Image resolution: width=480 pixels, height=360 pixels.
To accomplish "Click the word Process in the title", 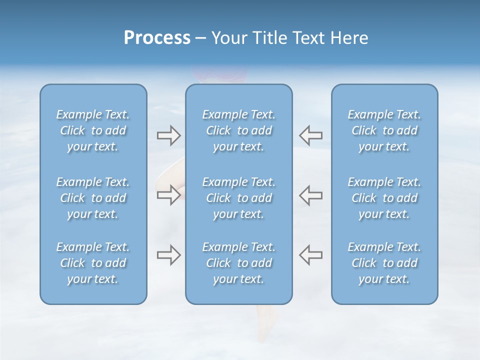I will (x=157, y=38).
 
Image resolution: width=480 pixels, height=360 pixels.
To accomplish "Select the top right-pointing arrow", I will (x=168, y=135).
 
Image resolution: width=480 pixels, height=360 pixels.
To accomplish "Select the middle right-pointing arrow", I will (x=168, y=195).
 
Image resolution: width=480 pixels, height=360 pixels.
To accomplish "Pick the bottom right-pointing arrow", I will (x=168, y=255).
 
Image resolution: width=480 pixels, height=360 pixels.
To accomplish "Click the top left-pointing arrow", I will (x=311, y=135).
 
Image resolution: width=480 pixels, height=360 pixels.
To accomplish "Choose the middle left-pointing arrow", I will (x=311, y=195).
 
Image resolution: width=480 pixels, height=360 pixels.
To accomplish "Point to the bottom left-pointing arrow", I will (x=311, y=255).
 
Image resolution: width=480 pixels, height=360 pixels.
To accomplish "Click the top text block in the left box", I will (x=93, y=130).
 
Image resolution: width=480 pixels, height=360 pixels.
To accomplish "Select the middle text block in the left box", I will (x=93, y=198).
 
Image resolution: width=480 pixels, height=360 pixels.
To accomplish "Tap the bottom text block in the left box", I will (x=93, y=263).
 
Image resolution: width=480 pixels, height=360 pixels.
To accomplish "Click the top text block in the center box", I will (x=239, y=130).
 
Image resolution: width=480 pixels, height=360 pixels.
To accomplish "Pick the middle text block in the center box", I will (x=239, y=198).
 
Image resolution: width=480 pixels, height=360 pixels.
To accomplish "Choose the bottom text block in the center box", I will (x=239, y=263).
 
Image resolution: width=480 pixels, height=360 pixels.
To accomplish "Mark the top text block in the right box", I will (x=384, y=130).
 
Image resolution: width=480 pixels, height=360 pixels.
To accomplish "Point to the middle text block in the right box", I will (x=384, y=198).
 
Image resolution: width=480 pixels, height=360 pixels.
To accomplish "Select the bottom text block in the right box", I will (x=384, y=263).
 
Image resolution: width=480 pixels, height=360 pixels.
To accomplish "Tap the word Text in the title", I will (x=307, y=38).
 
